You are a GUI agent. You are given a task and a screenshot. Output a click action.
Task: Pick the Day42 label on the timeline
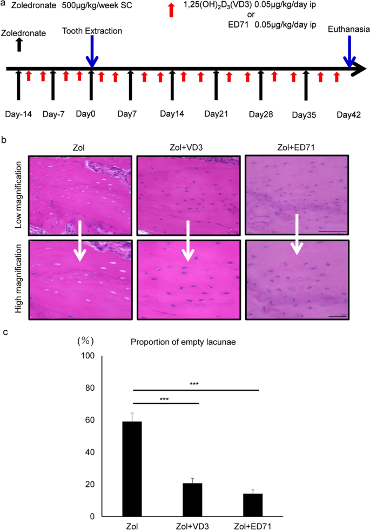coord(348,114)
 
